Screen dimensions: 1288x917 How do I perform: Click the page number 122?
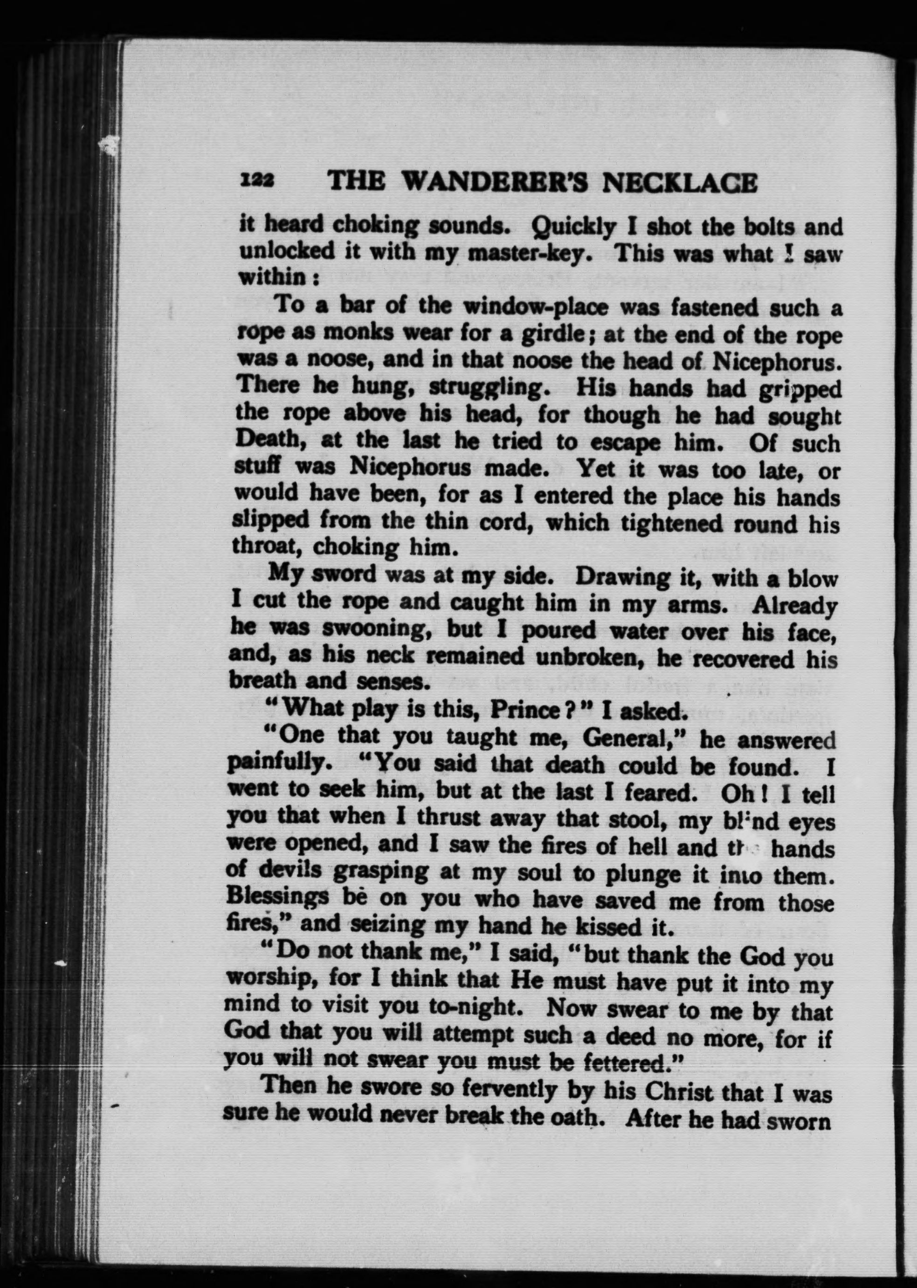coord(257,182)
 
